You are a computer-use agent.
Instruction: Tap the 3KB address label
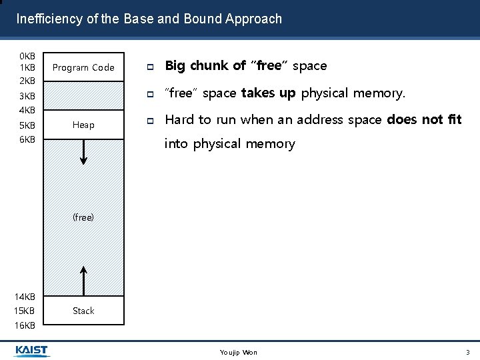point(27,96)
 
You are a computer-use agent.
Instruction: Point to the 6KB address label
point(27,139)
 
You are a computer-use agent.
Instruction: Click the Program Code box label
point(83,67)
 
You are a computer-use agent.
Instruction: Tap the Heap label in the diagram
point(83,125)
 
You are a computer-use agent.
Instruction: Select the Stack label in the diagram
point(83,311)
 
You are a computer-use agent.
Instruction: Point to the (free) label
point(83,217)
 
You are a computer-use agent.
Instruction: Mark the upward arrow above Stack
point(83,280)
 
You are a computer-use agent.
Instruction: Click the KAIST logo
point(31,351)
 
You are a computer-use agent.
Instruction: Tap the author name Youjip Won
point(238,352)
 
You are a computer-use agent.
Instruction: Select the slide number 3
point(467,352)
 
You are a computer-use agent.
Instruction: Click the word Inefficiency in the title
point(49,19)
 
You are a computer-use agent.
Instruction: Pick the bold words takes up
point(269,93)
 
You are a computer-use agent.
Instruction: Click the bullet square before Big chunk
point(151,67)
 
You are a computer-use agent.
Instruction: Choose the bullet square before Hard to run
point(151,121)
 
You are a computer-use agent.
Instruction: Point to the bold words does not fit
point(424,120)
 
